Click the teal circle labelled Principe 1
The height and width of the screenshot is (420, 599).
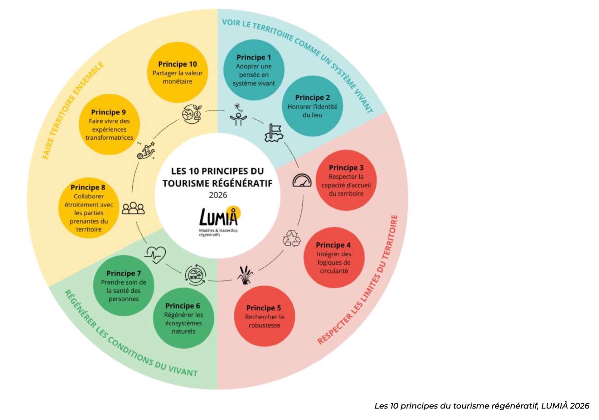click(x=254, y=70)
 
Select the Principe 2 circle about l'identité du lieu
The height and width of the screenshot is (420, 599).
click(x=312, y=106)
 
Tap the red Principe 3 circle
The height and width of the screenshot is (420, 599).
click(x=346, y=180)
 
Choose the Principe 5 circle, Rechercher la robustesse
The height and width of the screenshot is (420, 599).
click(x=264, y=316)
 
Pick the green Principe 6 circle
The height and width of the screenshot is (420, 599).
click(x=183, y=318)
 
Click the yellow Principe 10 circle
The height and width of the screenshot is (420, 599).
click(x=177, y=72)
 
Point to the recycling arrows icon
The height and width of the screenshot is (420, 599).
click(x=291, y=239)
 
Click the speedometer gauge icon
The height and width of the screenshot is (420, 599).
click(x=302, y=181)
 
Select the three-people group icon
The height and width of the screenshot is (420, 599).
click(x=133, y=208)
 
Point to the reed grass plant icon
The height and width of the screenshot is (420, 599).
click(x=245, y=275)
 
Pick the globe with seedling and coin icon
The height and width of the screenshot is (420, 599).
click(x=192, y=114)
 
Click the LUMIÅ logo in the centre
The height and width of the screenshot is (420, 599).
click(x=220, y=221)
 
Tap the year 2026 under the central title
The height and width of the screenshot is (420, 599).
click(x=218, y=195)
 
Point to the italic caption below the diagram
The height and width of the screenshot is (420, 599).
click(x=482, y=406)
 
